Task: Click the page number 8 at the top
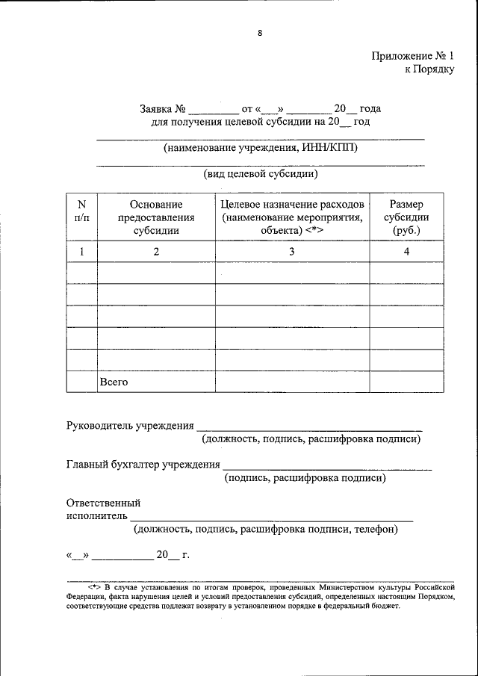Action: click(x=260, y=33)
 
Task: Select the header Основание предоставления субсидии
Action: click(x=156, y=217)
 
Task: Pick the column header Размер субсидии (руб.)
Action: click(x=406, y=217)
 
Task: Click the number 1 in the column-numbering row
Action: click(x=81, y=252)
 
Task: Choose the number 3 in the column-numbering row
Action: click(x=292, y=252)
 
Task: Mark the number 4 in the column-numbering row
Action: click(x=406, y=252)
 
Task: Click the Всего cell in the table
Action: click(x=114, y=382)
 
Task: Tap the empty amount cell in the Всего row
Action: click(x=406, y=382)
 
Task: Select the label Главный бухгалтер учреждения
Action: click(x=143, y=465)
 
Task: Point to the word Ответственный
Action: click(x=103, y=503)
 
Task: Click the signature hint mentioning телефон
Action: click(x=266, y=530)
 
